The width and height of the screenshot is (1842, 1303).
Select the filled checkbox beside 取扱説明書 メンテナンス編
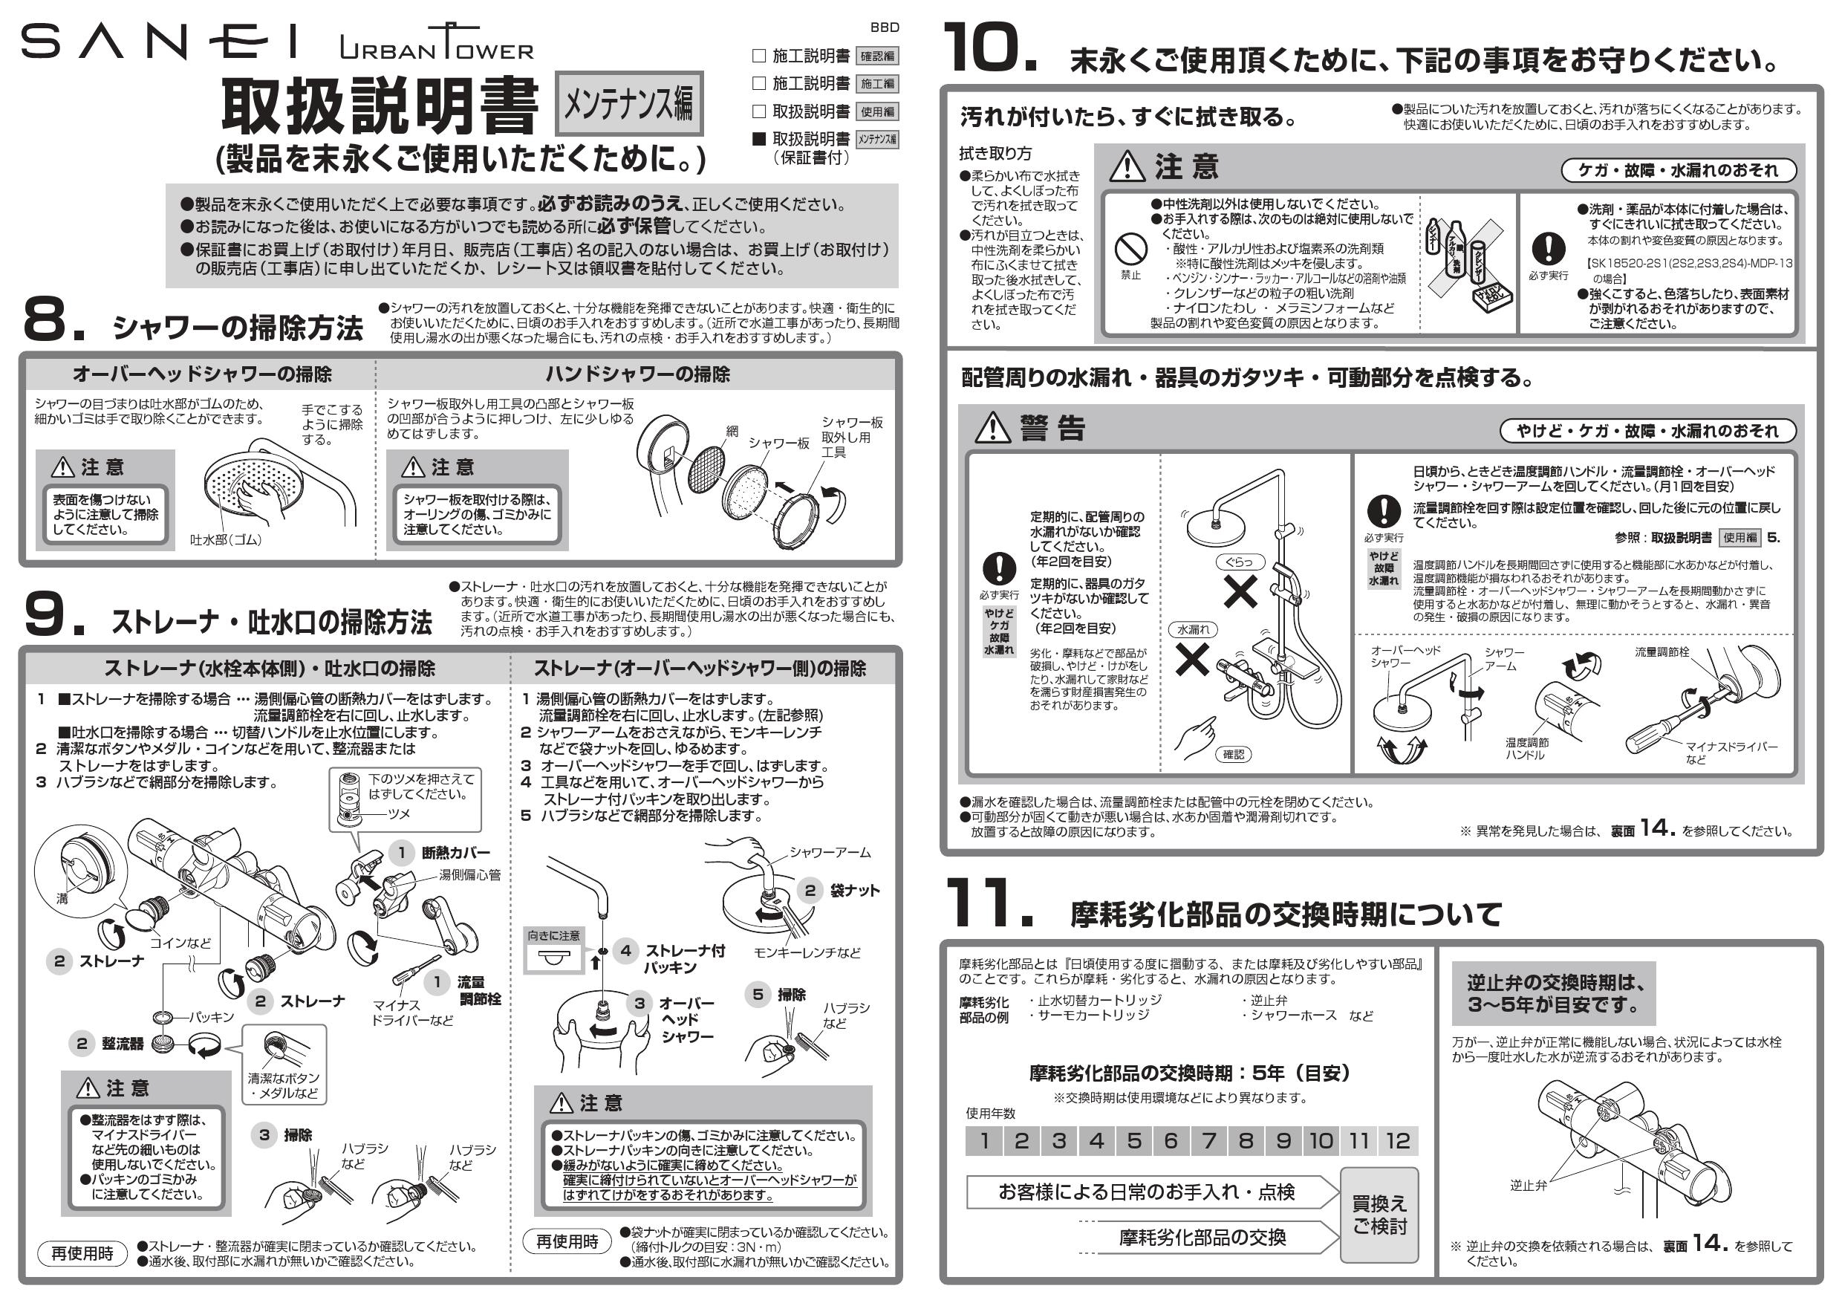[759, 139]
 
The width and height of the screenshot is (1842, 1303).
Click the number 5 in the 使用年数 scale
[1133, 1140]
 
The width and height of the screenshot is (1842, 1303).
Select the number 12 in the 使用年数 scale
[1397, 1140]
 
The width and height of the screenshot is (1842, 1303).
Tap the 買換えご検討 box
[1379, 1215]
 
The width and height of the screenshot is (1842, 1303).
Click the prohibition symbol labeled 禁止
[1130, 250]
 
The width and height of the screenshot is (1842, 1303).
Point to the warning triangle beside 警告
[992, 428]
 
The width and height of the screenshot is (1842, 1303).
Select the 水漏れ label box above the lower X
[1192, 630]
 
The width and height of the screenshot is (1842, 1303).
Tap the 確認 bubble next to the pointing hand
[1233, 754]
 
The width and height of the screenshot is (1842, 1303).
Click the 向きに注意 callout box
[553, 950]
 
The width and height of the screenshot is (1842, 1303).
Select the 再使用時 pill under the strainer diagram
[82, 1253]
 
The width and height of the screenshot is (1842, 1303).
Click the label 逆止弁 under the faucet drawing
[1528, 1184]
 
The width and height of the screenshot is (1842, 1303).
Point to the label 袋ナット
[854, 891]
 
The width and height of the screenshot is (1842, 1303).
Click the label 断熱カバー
[456, 853]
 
